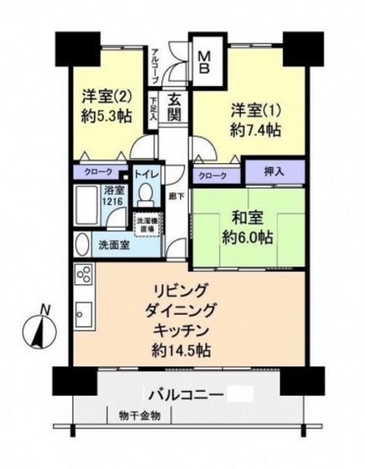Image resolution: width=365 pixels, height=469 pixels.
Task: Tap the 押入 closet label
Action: pos(274,171)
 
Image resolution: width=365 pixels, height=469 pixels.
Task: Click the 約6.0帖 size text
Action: pos(249,237)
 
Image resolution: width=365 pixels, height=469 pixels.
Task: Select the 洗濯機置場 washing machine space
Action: pos(146,224)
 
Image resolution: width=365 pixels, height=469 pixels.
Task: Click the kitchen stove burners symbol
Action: pos(84,273)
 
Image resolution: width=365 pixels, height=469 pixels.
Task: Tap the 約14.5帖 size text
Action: pos(185,348)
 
